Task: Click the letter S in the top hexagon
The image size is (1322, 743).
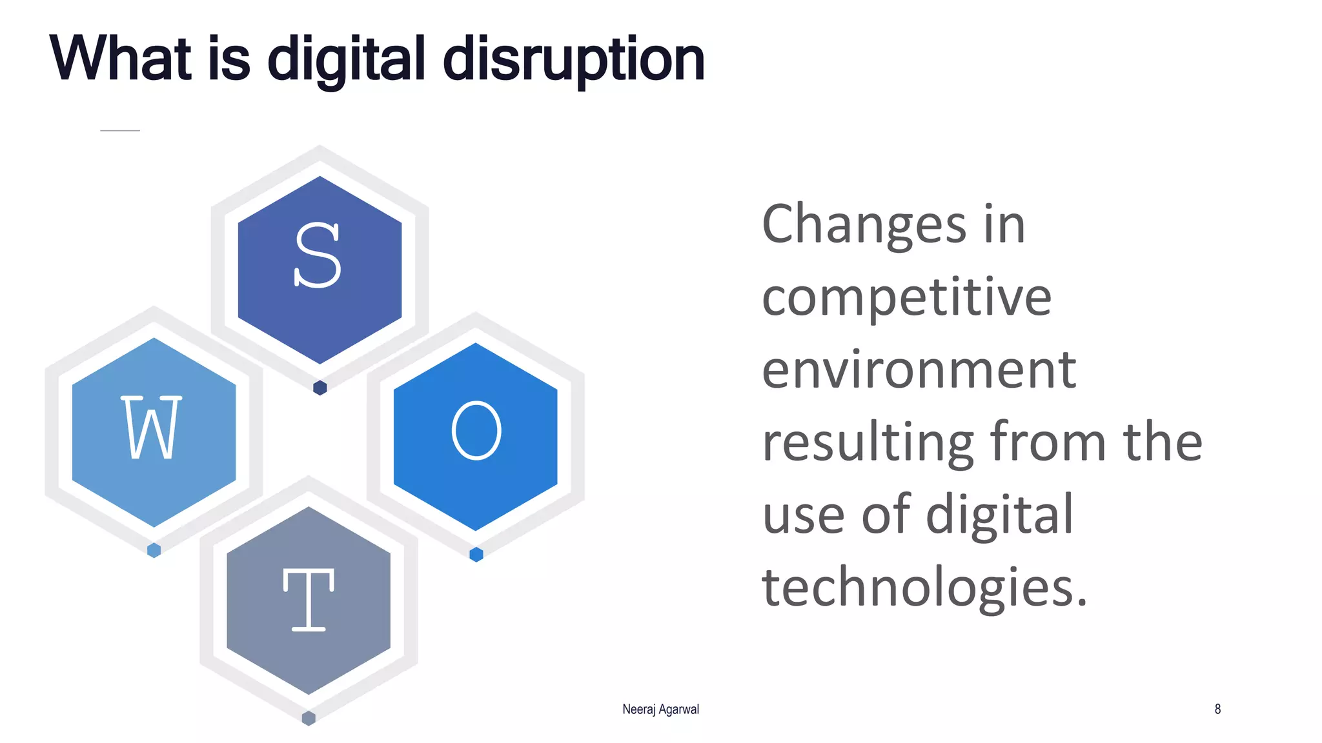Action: tap(318, 255)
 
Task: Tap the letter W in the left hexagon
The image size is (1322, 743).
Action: tap(152, 428)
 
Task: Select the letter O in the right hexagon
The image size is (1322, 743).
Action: tap(476, 430)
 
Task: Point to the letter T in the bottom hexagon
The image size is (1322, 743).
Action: tap(309, 600)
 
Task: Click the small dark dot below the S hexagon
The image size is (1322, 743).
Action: tap(320, 388)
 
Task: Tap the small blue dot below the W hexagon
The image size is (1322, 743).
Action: tap(154, 550)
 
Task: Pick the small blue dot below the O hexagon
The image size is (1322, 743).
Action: tap(476, 555)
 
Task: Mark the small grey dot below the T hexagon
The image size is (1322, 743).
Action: tap(309, 718)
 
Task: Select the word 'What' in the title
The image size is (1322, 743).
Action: tap(121, 59)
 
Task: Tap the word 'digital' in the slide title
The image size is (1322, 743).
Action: tap(347, 60)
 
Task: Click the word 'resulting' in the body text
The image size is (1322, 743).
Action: tap(868, 443)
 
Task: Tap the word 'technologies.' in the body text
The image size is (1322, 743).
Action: tap(924, 588)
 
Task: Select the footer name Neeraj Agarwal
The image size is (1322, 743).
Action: tap(660, 709)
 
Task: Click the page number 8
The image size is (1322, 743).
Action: tap(1217, 709)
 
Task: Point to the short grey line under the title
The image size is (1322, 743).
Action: tap(120, 131)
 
